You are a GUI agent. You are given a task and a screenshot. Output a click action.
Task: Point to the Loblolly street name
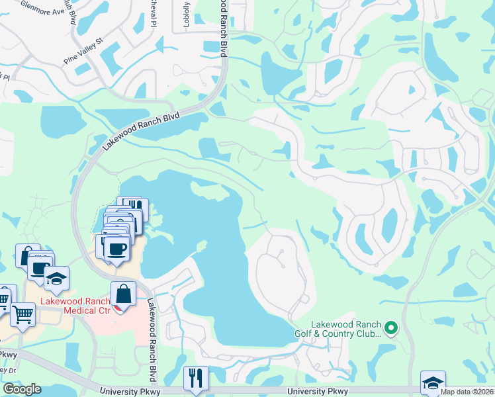click(187, 11)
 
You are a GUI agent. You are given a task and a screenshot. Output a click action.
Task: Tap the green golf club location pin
click(391, 328)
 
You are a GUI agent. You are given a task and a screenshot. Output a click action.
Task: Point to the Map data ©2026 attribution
click(467, 392)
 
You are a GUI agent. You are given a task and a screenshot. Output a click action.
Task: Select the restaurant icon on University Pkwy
click(195, 378)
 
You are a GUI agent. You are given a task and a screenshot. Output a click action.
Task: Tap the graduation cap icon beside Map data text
click(433, 382)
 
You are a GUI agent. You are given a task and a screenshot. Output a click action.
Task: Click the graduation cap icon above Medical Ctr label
click(57, 279)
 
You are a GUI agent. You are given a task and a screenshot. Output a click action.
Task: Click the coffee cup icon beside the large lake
click(116, 248)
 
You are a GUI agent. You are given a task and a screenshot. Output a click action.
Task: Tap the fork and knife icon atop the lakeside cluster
click(135, 207)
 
